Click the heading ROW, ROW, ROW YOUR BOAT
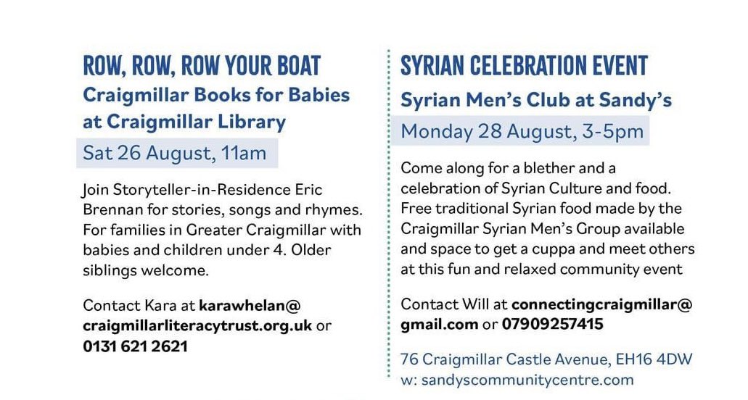pyautogui.click(x=202, y=66)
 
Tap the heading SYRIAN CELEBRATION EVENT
pyautogui.click(x=524, y=66)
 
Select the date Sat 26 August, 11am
pyautogui.click(x=175, y=154)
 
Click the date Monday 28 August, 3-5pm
pyautogui.click(x=522, y=132)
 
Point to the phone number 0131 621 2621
pyautogui.click(x=135, y=346)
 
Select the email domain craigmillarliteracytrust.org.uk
pyautogui.click(x=197, y=325)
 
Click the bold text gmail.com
pyautogui.click(x=439, y=324)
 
